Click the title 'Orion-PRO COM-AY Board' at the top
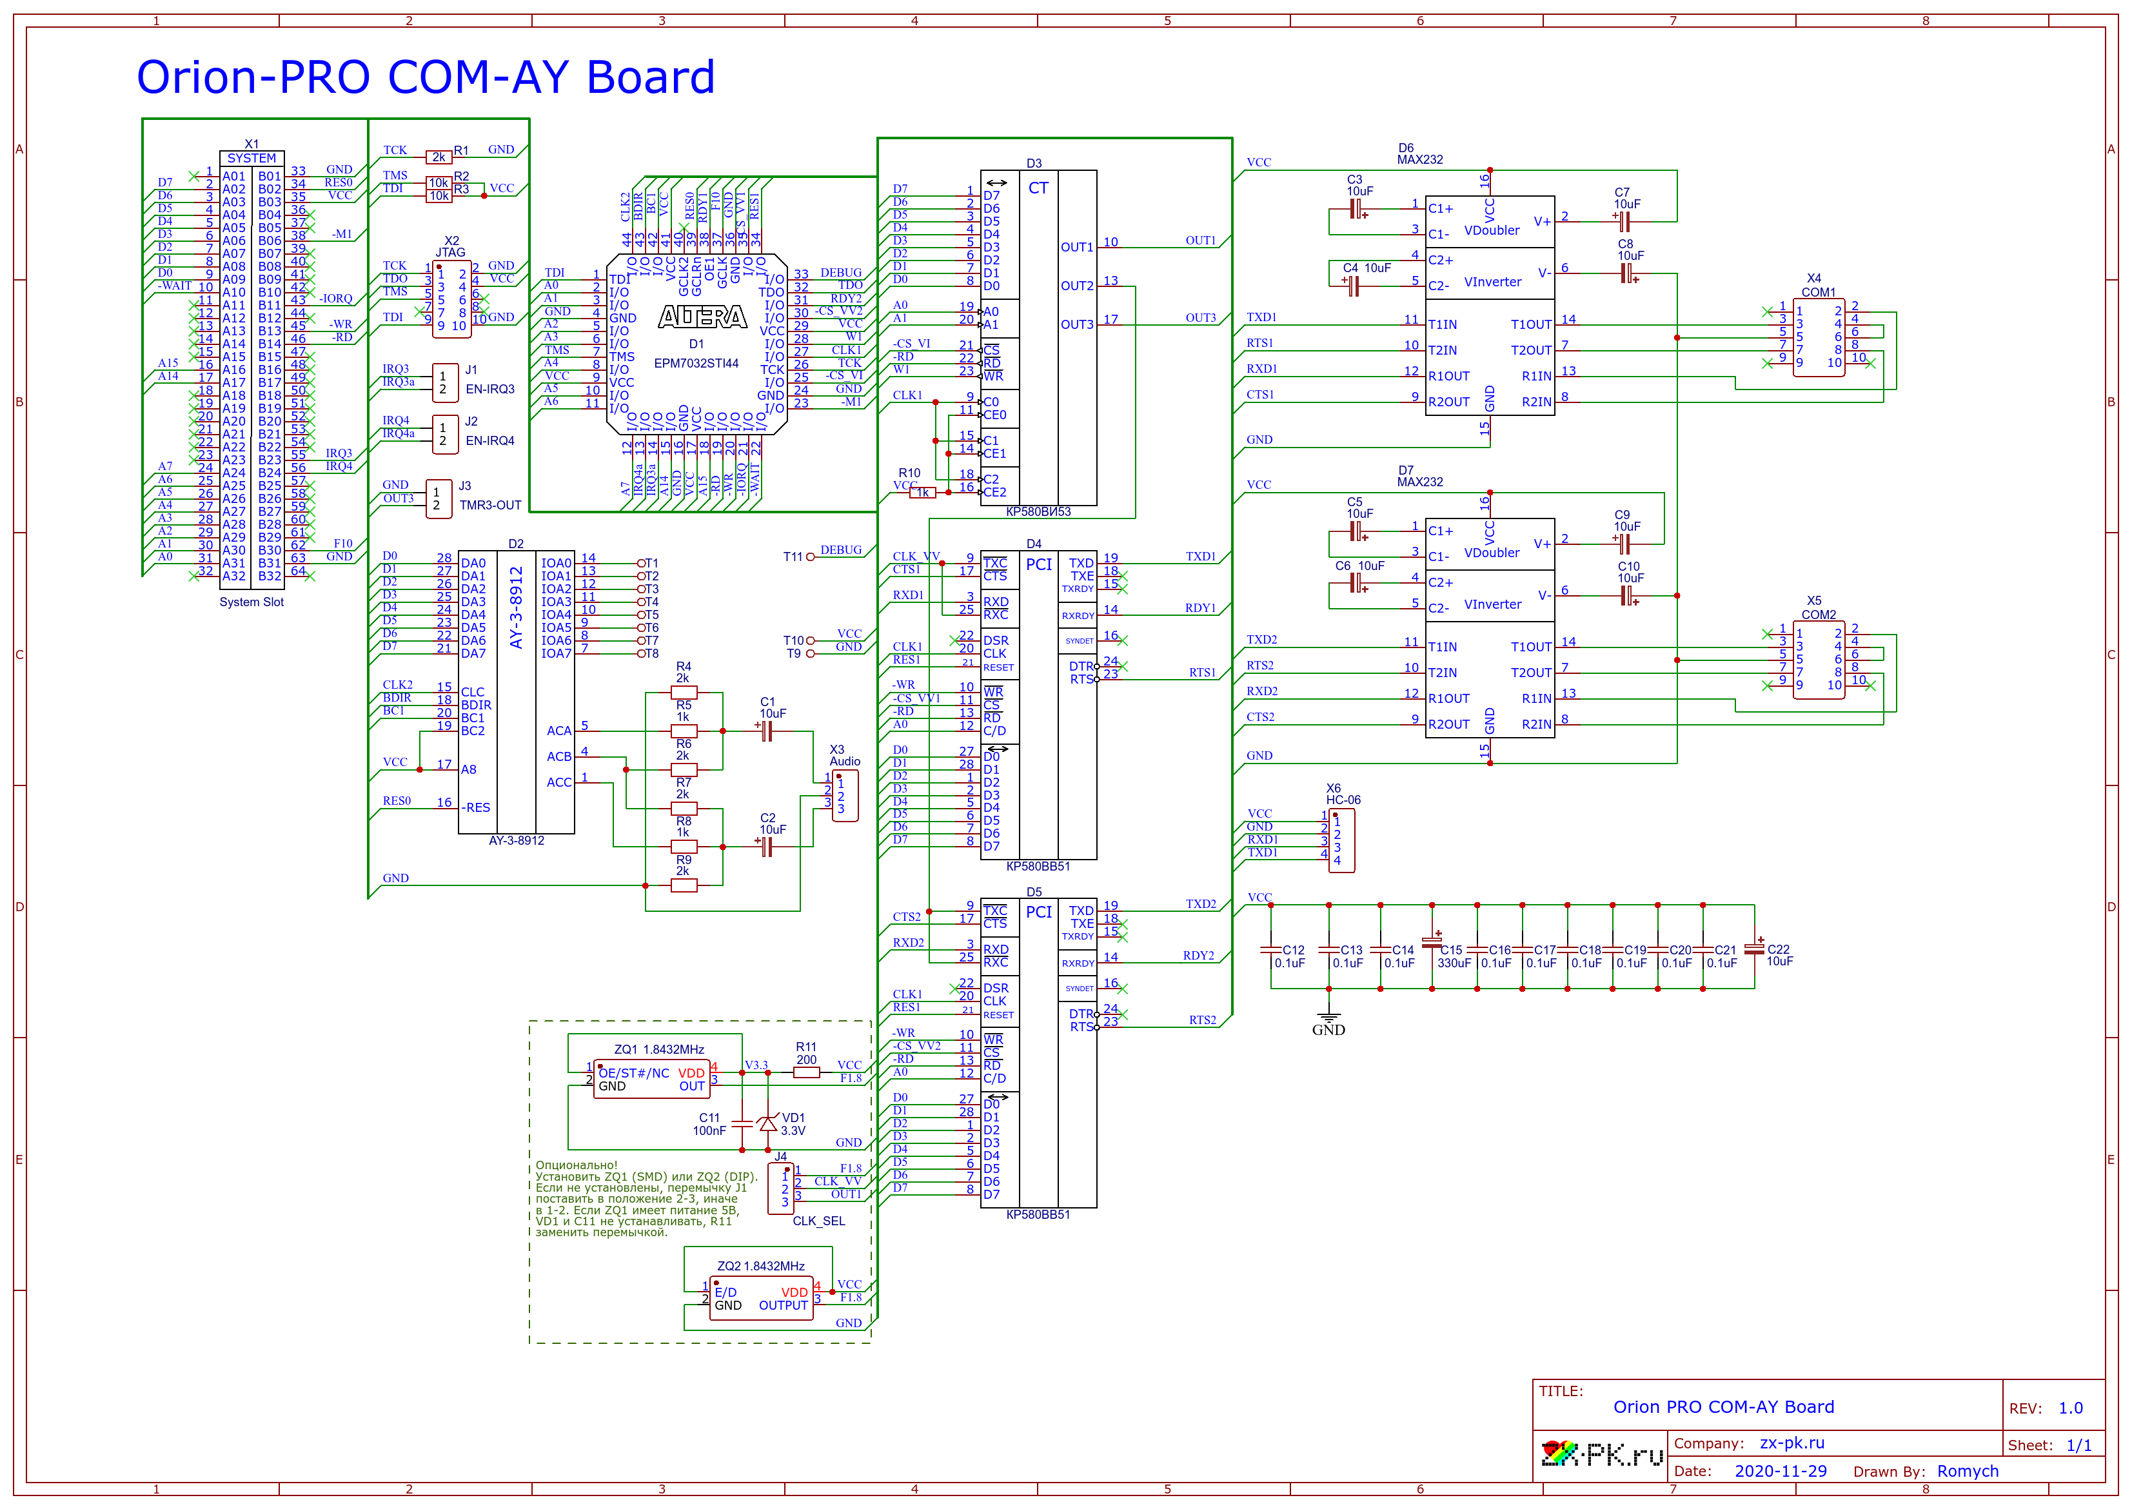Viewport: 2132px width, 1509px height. click(x=426, y=77)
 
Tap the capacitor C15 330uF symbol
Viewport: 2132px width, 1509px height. click(x=1432, y=945)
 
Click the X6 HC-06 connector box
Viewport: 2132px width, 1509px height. click(x=1341, y=840)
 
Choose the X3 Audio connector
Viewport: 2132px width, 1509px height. click(x=844, y=795)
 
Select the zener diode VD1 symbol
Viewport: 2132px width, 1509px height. click(x=767, y=1124)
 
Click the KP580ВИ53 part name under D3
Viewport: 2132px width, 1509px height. click(x=1038, y=512)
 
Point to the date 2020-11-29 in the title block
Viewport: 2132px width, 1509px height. click(x=1780, y=1471)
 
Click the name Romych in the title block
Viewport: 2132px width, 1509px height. click(x=1968, y=1471)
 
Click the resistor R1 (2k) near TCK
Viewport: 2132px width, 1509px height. click(x=439, y=157)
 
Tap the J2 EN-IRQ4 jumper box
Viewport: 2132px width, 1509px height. click(x=445, y=434)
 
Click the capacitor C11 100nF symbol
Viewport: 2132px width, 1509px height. click(x=742, y=1123)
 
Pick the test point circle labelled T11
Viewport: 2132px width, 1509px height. click(x=810, y=557)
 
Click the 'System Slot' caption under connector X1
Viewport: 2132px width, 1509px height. click(x=251, y=602)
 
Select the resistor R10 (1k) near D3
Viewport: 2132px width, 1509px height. click(x=922, y=493)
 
